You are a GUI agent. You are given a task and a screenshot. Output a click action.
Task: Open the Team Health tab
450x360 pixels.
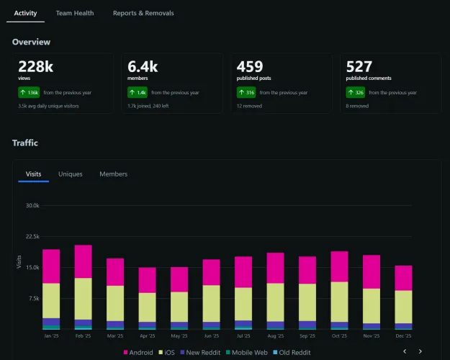pyautogui.click(x=75, y=13)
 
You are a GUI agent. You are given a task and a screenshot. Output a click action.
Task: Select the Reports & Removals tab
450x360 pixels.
pyautogui.click(x=143, y=13)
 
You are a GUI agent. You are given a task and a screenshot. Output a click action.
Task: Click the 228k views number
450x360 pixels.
pyautogui.click(x=35, y=67)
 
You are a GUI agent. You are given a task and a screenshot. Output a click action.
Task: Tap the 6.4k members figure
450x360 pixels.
pyautogui.click(x=143, y=67)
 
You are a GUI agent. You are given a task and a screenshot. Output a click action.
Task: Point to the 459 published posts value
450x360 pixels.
pyautogui.click(x=249, y=67)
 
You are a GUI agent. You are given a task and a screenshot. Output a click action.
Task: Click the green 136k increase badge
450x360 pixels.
pyautogui.click(x=29, y=92)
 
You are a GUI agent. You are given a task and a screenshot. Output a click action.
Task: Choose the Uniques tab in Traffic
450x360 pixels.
pyautogui.click(x=71, y=174)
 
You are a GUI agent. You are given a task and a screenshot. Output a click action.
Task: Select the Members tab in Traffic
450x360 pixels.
pyautogui.click(x=113, y=174)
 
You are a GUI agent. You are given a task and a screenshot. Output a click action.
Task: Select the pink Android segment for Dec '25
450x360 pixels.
pyautogui.click(x=403, y=278)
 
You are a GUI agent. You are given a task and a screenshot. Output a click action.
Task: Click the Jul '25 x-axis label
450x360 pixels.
pyautogui.click(x=243, y=336)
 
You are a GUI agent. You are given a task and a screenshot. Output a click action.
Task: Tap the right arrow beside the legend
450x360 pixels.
pyautogui.click(x=420, y=351)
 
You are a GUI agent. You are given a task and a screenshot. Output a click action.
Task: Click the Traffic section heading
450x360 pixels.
pyautogui.click(x=25, y=143)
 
